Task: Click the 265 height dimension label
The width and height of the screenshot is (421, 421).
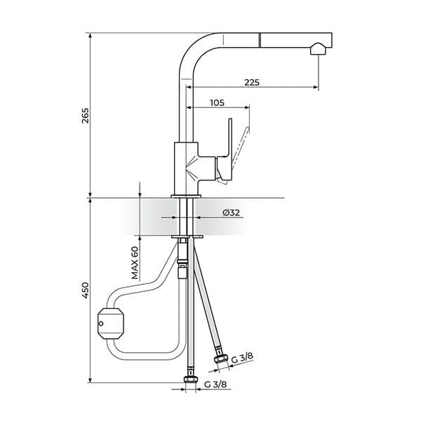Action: [x=85, y=116]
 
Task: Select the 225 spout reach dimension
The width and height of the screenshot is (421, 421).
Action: [x=252, y=82]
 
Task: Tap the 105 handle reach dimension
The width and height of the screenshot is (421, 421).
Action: [x=218, y=103]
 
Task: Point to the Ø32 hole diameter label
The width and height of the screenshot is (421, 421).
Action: [x=231, y=213]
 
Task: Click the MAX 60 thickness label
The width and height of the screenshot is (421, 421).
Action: [x=135, y=262]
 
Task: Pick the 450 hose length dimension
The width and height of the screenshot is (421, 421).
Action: [x=85, y=290]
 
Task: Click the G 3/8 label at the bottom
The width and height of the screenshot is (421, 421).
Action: [x=215, y=385]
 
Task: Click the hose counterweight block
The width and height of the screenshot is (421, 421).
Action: [x=111, y=323]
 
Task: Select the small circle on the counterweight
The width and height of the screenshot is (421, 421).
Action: [x=100, y=323]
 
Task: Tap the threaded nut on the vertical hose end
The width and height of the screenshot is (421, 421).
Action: [x=191, y=379]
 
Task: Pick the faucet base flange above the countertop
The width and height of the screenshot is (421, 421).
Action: [x=186, y=196]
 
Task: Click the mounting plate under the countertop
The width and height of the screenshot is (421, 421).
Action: [x=187, y=237]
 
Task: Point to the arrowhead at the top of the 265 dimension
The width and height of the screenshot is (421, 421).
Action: [x=91, y=36]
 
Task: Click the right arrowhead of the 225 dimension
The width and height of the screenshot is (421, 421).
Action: [x=316, y=87]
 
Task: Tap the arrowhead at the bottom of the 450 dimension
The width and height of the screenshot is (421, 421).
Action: [x=91, y=380]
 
